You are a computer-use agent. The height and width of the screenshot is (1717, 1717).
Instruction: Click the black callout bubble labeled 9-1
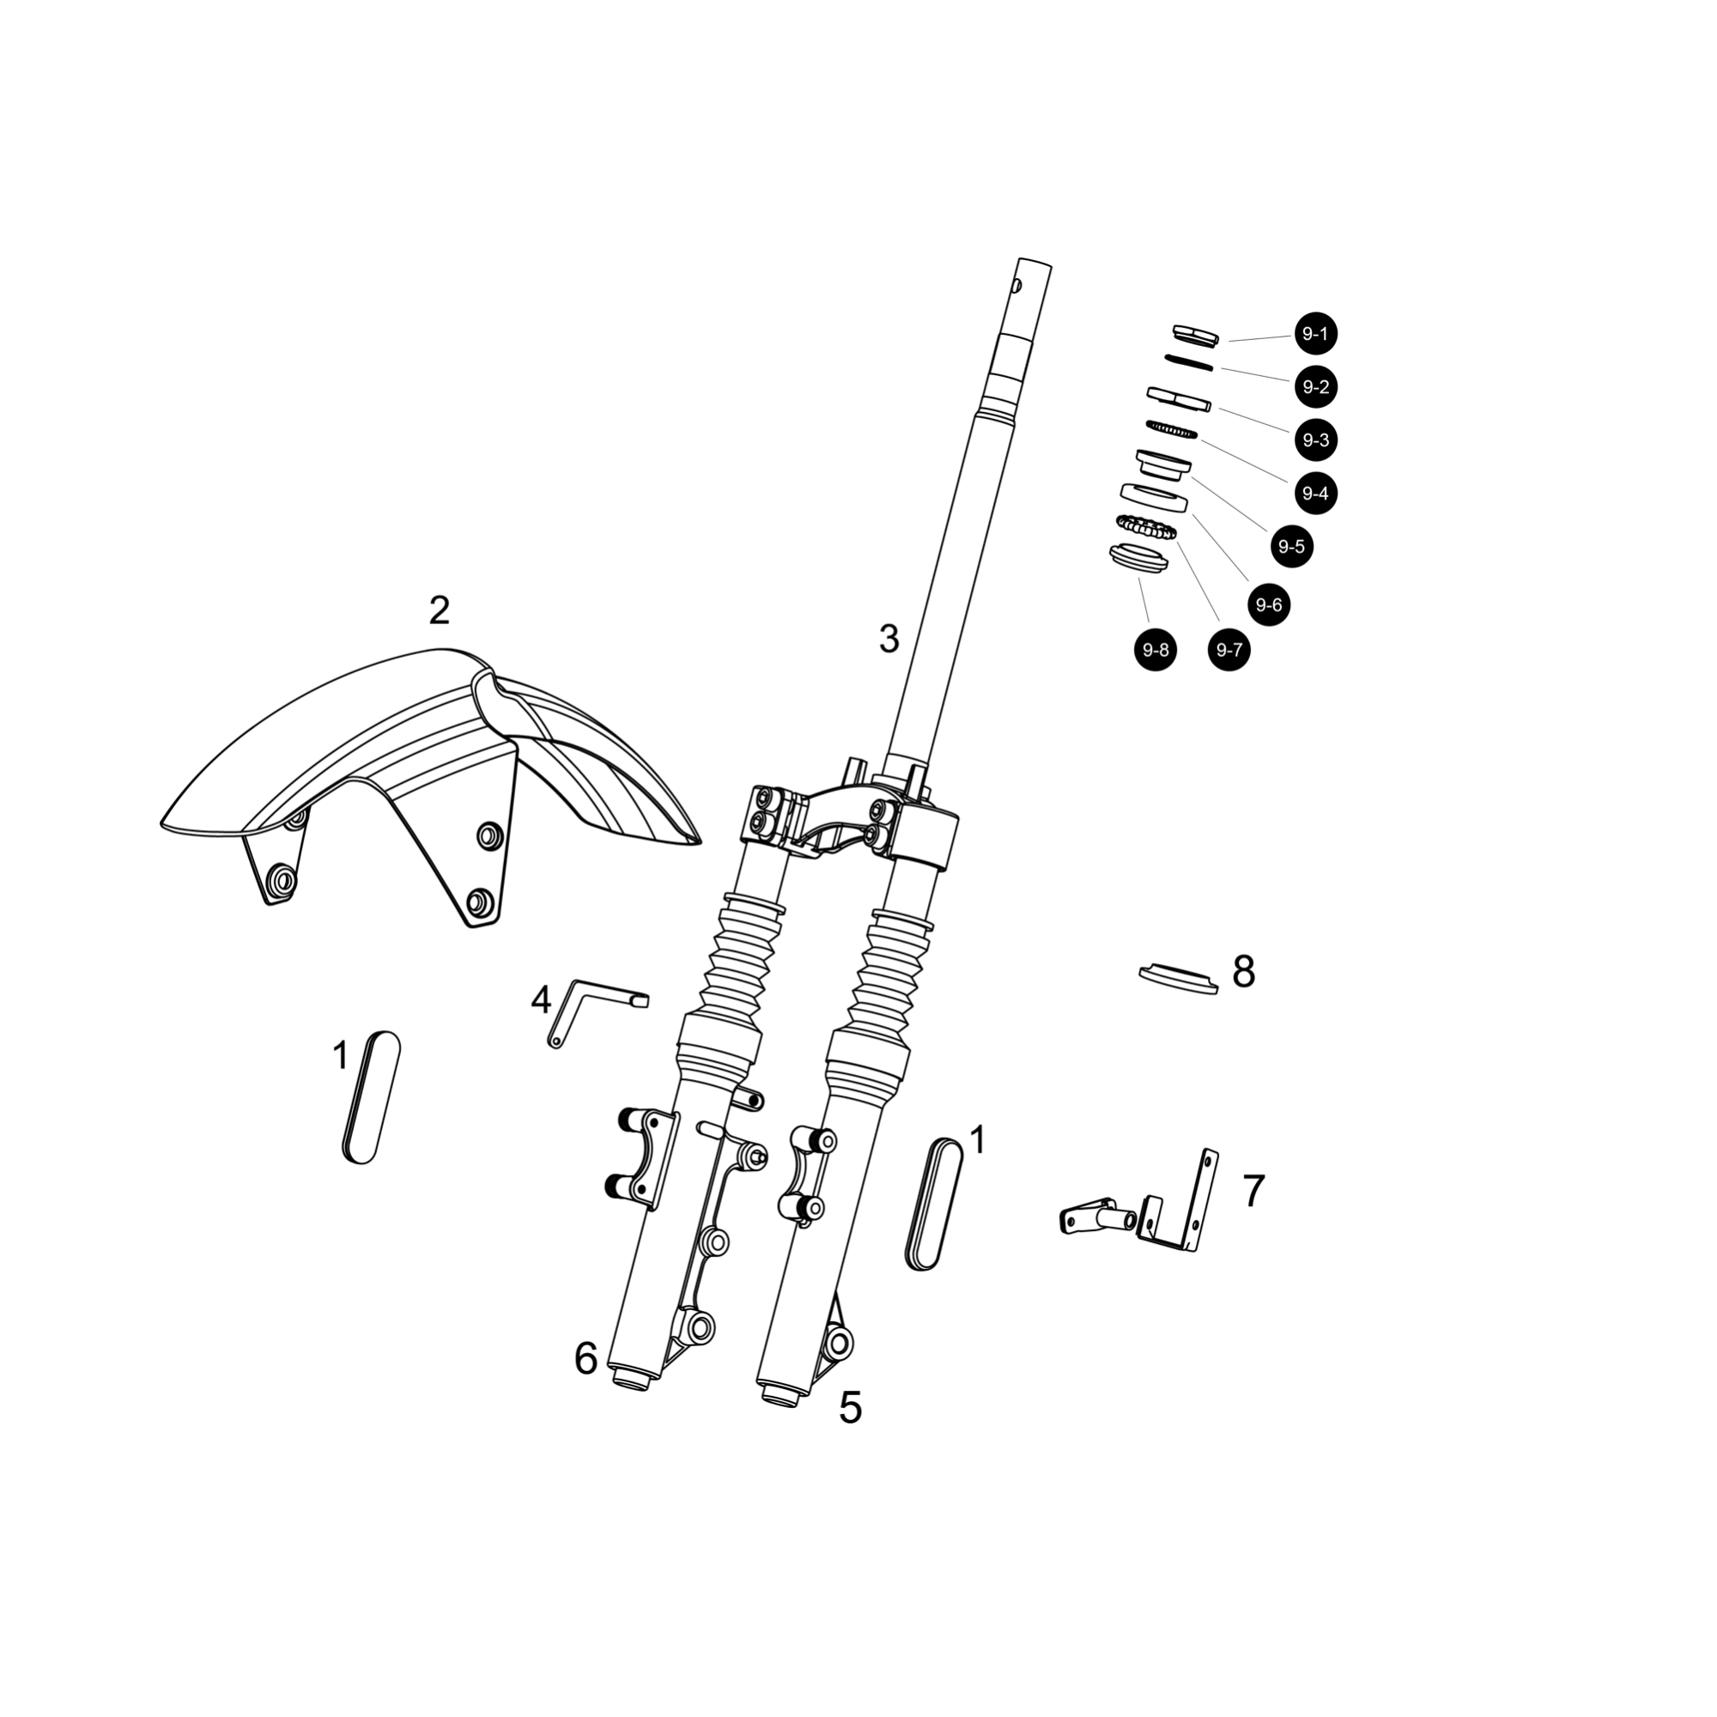1315,334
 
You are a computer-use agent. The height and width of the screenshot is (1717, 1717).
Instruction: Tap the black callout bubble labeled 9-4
1315,494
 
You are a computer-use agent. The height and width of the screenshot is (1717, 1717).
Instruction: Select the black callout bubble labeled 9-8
1156,651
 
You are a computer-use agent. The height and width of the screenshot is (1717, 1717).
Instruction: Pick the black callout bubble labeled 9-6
1268,605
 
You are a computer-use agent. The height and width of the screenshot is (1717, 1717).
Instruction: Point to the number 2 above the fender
439,610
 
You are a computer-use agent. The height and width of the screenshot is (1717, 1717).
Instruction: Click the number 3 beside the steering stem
889,639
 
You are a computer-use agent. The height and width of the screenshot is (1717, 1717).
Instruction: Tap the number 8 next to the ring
1243,973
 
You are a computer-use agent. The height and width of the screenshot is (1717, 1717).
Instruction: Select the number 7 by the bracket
1253,1191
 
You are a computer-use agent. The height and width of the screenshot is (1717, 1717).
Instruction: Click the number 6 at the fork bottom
585,1359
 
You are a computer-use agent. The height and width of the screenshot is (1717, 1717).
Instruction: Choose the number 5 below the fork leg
851,1408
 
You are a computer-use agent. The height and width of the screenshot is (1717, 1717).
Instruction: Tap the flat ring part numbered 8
1179,978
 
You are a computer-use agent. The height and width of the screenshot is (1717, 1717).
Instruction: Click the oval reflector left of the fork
371,1097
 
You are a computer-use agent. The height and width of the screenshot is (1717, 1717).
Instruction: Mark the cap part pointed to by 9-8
1138,560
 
